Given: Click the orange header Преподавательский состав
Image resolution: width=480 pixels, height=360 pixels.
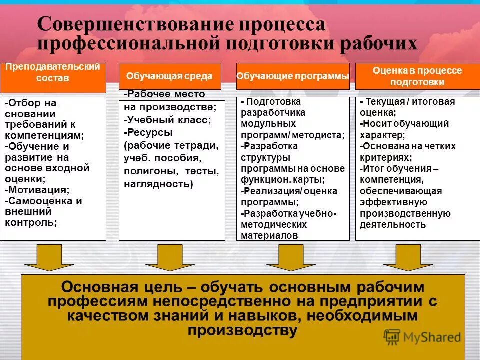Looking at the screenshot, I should [x=53, y=73].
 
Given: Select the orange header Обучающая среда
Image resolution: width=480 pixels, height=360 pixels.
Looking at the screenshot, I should [x=169, y=76].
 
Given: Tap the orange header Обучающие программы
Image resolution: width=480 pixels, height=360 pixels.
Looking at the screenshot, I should [x=292, y=76].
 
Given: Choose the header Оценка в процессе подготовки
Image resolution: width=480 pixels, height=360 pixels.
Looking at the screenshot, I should [x=417, y=76].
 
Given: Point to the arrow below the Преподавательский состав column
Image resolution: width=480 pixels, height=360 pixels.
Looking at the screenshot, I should [x=49, y=257].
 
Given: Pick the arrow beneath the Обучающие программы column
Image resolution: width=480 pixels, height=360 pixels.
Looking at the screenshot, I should [x=291, y=257].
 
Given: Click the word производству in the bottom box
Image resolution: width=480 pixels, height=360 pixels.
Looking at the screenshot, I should [x=242, y=330].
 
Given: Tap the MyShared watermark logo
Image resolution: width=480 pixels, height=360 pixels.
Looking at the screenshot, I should [x=423, y=337].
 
